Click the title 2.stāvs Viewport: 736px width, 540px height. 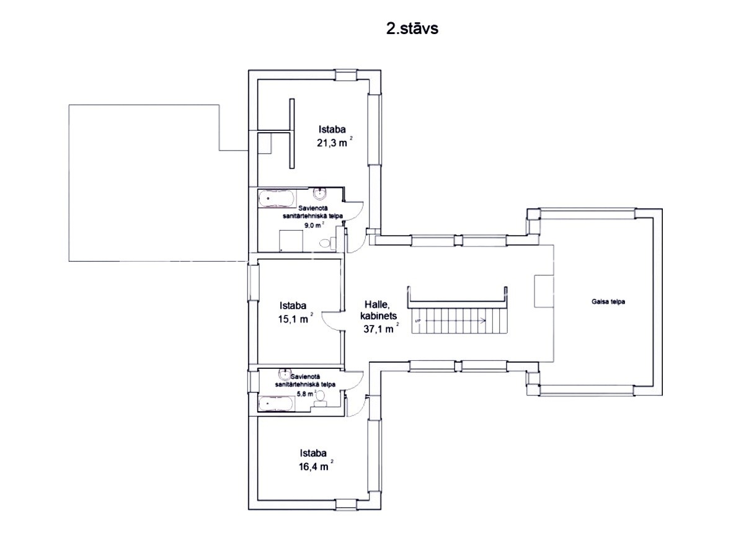[412, 29]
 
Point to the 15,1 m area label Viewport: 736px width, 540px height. [295, 319]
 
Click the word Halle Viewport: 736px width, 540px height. [378, 304]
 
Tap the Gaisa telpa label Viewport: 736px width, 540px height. [608, 302]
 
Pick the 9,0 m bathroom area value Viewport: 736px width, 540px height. [314, 224]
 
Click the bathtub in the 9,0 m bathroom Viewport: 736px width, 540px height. [277, 198]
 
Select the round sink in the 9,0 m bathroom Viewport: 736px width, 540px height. [321, 193]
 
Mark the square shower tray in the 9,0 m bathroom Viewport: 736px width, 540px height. [291, 240]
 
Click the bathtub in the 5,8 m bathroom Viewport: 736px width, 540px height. [276, 402]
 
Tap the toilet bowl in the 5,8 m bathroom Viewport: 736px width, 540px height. [321, 396]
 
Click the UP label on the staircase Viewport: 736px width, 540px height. [417, 321]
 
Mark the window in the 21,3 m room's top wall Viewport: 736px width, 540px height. [347, 75]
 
